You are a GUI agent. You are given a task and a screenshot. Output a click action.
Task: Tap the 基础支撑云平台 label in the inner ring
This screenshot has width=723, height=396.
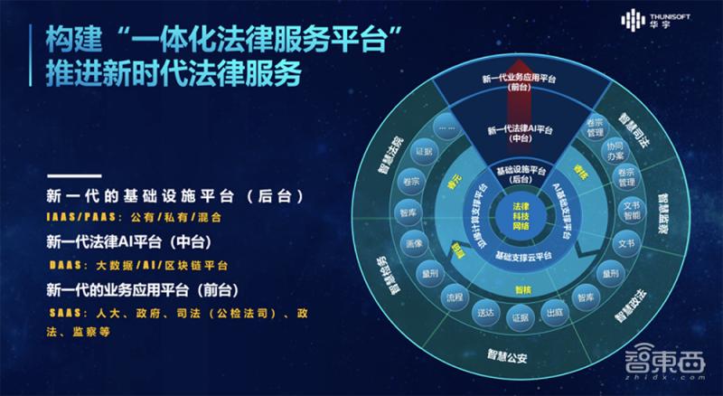tap(519, 259)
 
